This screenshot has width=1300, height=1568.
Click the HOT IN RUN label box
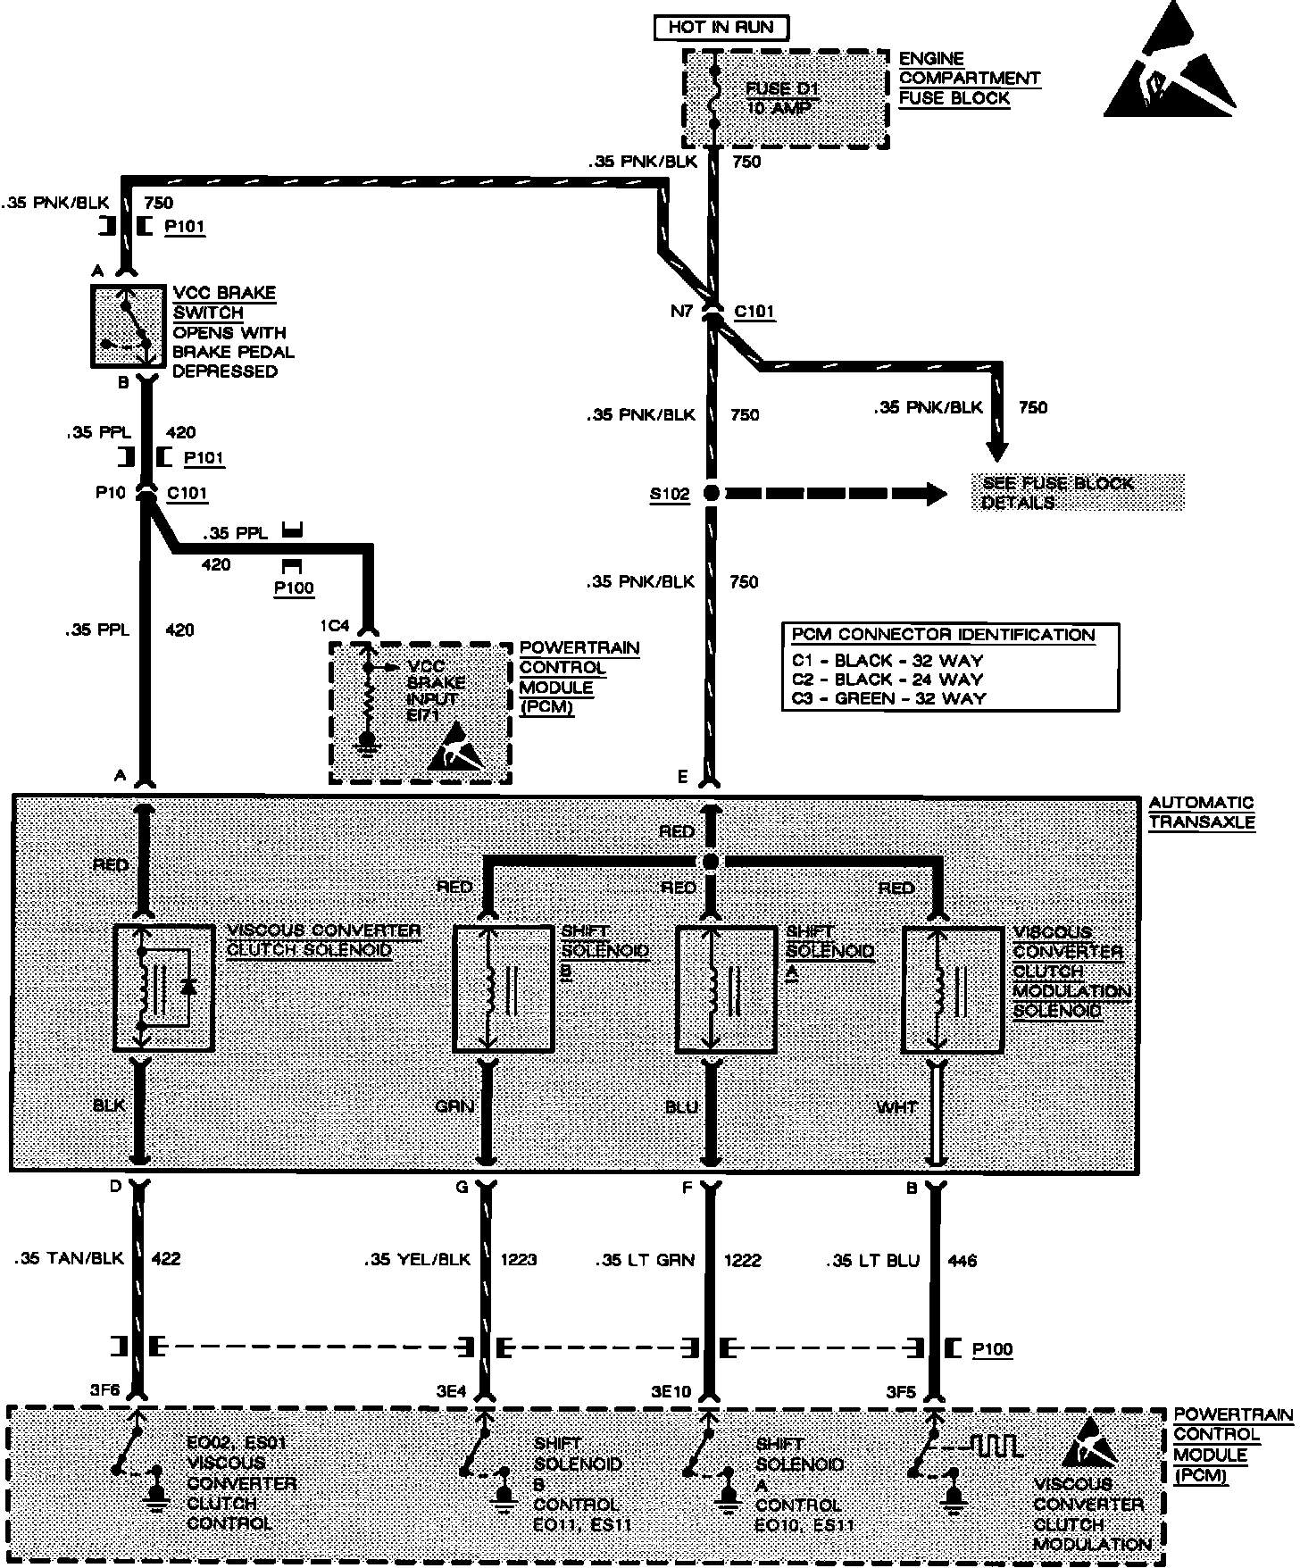(721, 27)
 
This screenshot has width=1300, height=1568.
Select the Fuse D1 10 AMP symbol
(713, 98)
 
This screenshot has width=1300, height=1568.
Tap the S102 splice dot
(712, 493)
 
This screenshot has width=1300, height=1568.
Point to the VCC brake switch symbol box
(129, 326)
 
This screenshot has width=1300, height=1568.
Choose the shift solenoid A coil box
(726, 988)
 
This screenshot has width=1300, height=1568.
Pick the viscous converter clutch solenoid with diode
(164, 987)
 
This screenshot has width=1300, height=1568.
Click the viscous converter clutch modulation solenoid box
(952, 988)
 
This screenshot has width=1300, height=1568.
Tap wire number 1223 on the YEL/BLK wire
(518, 1260)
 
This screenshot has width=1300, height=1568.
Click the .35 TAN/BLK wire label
(68, 1259)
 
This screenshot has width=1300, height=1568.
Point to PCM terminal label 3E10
(671, 1391)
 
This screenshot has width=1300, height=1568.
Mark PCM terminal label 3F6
(105, 1391)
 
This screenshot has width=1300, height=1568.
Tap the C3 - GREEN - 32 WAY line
(888, 698)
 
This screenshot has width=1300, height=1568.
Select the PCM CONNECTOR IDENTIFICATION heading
(943, 635)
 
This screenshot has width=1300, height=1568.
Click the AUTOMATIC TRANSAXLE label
(1201, 813)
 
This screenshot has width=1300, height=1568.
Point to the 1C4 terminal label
(336, 626)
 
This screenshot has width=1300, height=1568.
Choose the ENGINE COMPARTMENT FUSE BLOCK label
(968, 79)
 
